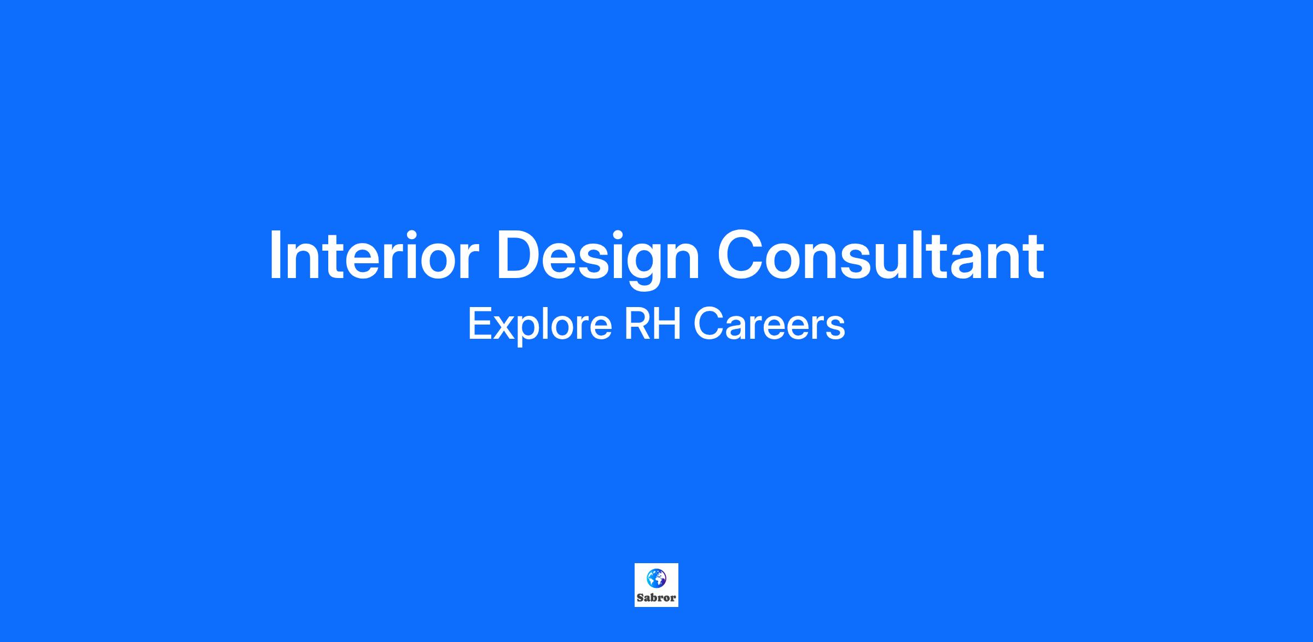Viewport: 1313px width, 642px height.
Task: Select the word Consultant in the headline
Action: [881, 255]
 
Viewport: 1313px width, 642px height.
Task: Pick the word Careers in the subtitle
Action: [769, 324]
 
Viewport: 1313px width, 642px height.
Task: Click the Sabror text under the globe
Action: [656, 598]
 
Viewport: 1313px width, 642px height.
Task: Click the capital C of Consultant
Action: [741, 255]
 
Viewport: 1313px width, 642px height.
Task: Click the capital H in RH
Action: [669, 324]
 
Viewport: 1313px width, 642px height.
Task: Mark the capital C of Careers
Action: [708, 324]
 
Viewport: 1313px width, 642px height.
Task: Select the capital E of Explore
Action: [480, 324]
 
